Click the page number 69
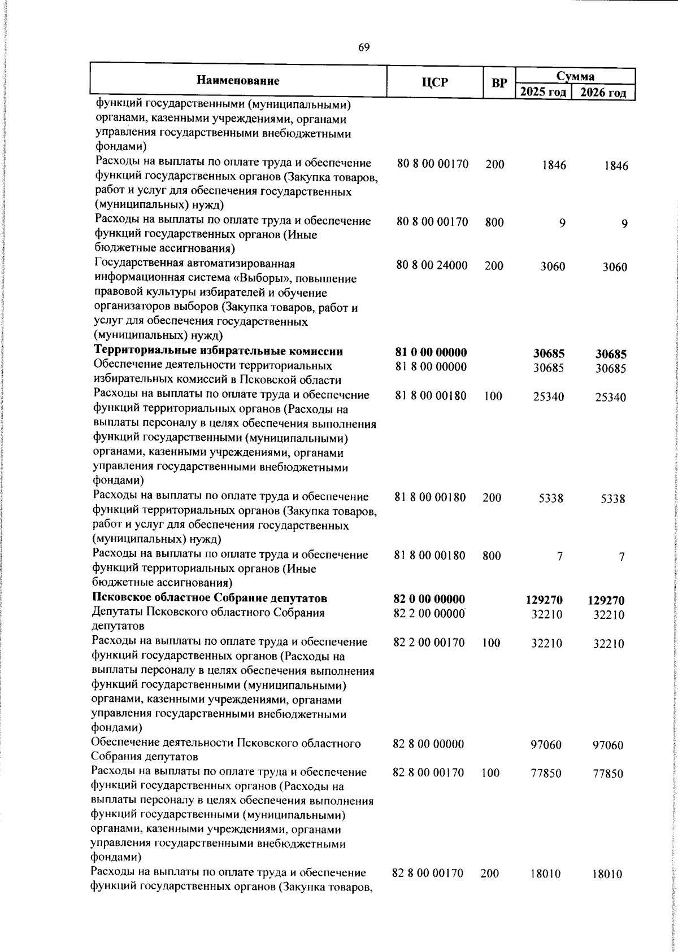[364, 47]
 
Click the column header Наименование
[238, 81]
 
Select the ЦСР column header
[434, 82]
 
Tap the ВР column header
[499, 83]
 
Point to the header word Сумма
[575, 76]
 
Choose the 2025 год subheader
[543, 92]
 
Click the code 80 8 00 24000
[432, 265]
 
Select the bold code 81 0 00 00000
[432, 352]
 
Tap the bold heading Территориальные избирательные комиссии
[219, 352]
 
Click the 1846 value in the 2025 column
[553, 165]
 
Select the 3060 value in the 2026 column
[614, 267]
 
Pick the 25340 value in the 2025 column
[548, 397]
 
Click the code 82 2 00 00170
[429, 642]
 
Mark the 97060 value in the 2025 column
[546, 745]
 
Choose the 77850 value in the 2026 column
[608, 774]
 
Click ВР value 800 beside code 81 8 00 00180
[492, 556]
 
